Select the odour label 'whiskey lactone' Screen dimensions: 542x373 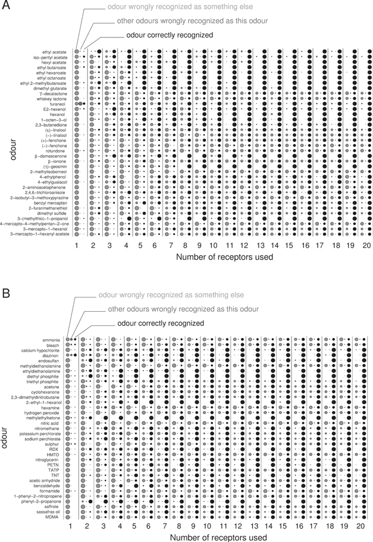pyautogui.click(x=51, y=99)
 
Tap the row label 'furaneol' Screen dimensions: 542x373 pyautogui.click(x=57, y=104)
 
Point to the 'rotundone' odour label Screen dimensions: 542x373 pyautogui.click(x=55, y=151)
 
